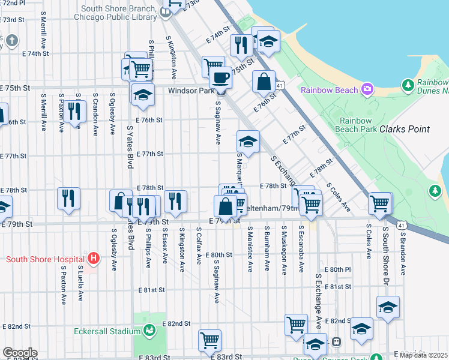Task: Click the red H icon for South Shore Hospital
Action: pyautogui.click(x=93, y=259)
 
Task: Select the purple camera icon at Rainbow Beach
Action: pyautogui.click(x=367, y=90)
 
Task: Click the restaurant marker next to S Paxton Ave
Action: pyautogui.click(x=74, y=111)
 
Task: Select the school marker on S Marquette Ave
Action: pyautogui.click(x=248, y=142)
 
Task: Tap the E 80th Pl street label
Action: pyautogui.click(x=337, y=269)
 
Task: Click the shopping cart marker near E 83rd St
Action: pyautogui.click(x=209, y=340)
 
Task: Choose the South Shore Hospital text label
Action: pyautogui.click(x=44, y=259)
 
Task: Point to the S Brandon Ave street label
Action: pyautogui.click(x=403, y=255)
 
